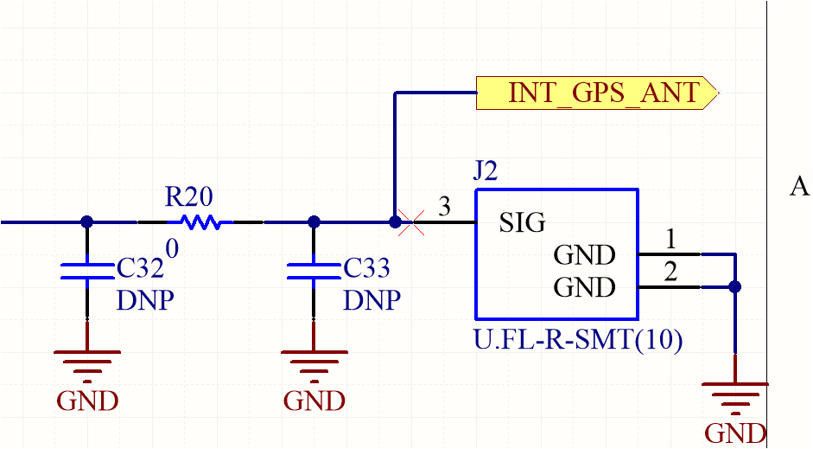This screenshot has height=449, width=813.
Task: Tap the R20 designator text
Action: [x=188, y=197]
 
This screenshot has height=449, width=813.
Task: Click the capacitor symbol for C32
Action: [x=86, y=270]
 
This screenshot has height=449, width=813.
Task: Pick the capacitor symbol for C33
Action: [x=314, y=270]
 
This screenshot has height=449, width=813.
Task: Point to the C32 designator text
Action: [x=140, y=269]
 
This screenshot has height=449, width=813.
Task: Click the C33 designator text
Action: [x=367, y=269]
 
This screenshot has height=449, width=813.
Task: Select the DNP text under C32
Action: [x=145, y=301]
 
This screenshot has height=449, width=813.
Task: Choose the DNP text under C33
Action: [x=372, y=301]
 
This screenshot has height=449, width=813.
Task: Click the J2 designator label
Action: [x=486, y=171]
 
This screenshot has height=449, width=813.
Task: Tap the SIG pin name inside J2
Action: [x=523, y=223]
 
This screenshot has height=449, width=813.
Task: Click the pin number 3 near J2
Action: [x=444, y=207]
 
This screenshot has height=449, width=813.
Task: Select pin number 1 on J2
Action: [x=670, y=239]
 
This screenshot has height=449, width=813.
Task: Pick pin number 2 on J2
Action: [x=670, y=273]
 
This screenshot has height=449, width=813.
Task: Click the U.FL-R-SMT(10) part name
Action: [x=578, y=340]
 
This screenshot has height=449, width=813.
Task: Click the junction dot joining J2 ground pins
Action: [x=734, y=287]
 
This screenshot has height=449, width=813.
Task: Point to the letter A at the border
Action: [x=799, y=187]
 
